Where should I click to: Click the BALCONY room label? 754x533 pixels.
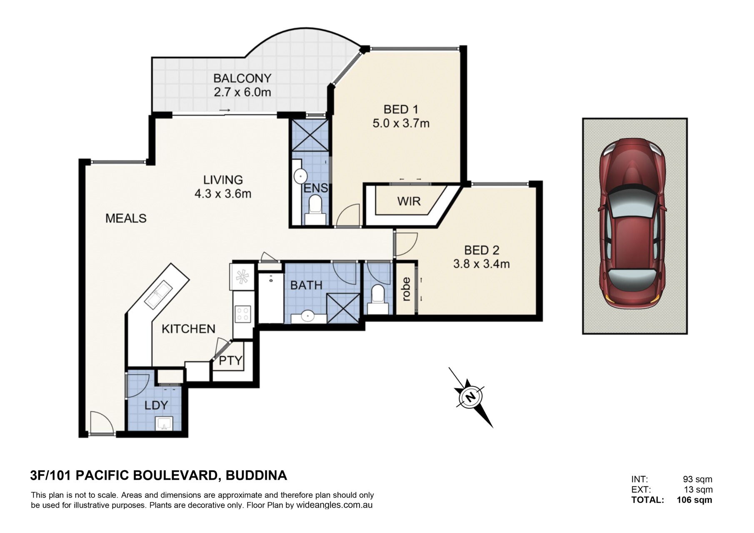click(x=242, y=78)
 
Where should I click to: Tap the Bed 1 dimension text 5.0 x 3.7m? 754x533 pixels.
click(x=401, y=123)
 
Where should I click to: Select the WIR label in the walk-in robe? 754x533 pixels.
click(x=409, y=202)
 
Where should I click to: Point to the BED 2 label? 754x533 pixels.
click(x=482, y=250)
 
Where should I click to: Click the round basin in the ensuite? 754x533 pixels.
click(x=300, y=176)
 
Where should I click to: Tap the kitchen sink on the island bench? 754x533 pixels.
click(x=158, y=294)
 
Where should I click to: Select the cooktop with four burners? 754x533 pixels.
click(x=243, y=314)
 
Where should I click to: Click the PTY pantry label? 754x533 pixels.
click(x=230, y=360)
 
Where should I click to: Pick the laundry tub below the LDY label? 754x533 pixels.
click(x=164, y=423)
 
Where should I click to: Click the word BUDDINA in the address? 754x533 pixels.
click(x=256, y=476)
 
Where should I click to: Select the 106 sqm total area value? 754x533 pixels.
click(x=694, y=500)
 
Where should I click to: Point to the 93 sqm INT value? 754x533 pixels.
click(x=697, y=479)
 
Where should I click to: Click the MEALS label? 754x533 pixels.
click(x=126, y=218)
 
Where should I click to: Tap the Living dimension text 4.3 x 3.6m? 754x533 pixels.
click(x=223, y=194)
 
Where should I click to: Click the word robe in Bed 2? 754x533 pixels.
click(x=406, y=289)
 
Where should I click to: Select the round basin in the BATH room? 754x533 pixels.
click(x=308, y=316)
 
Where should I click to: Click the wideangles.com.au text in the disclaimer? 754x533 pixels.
click(x=335, y=505)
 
